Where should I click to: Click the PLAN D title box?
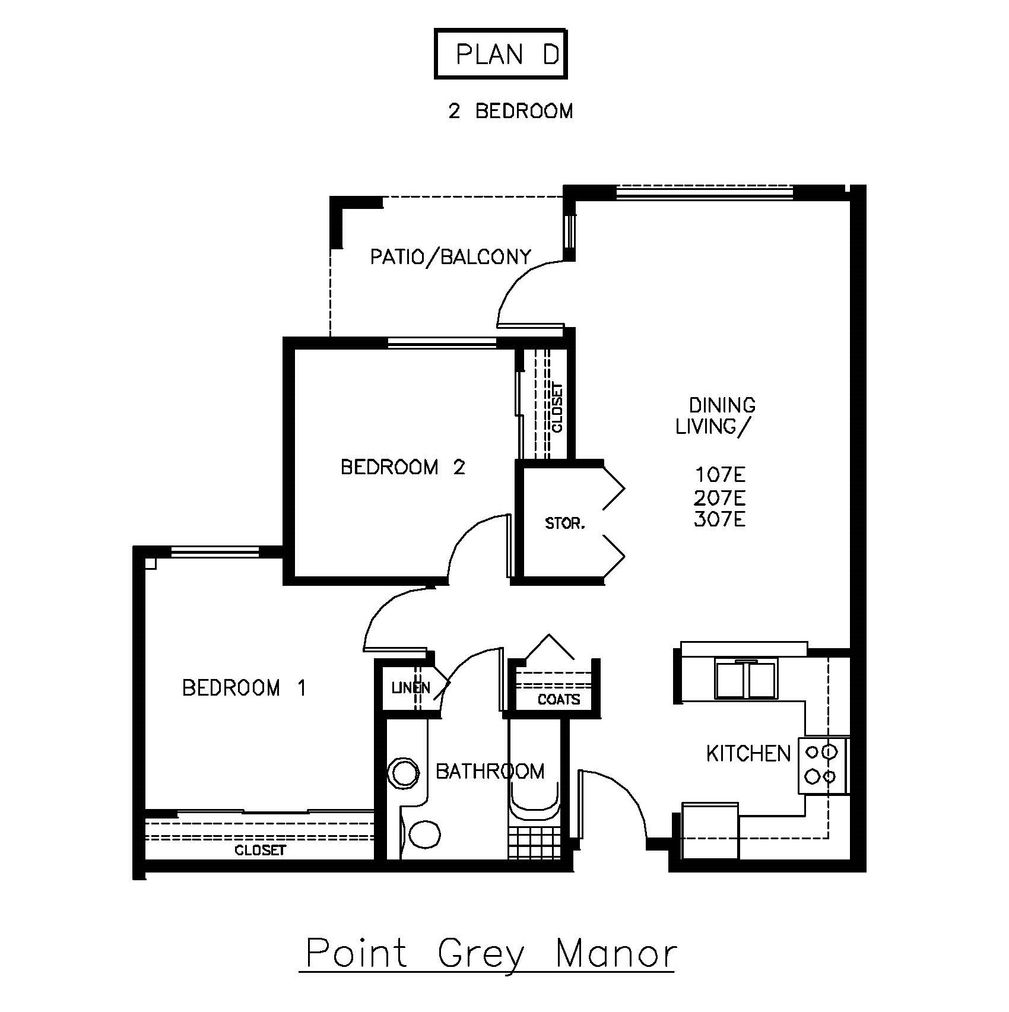[x=501, y=54]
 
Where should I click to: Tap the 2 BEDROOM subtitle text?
[x=510, y=111]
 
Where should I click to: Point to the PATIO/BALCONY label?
[x=450, y=256]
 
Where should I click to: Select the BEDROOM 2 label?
[x=403, y=467]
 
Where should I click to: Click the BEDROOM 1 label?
[x=244, y=688]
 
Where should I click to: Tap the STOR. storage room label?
[x=565, y=524]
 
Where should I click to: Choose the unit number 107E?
[x=720, y=475]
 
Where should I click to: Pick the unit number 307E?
[x=719, y=520]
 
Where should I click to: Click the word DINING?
[x=722, y=405]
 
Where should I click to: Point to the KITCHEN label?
[x=748, y=754]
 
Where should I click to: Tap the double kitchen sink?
[x=745, y=680]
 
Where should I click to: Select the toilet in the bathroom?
[x=421, y=833]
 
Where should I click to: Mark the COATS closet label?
[x=559, y=700]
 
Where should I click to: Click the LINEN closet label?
[x=411, y=688]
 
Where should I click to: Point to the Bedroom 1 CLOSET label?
[x=261, y=851]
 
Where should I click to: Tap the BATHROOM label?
[x=490, y=771]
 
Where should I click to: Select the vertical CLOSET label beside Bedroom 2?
[x=557, y=408]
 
